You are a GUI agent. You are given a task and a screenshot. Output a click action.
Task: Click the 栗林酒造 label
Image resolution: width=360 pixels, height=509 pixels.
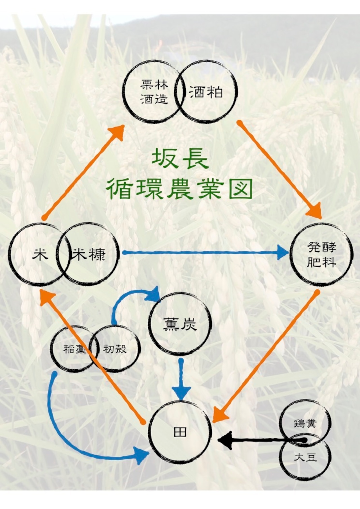154,92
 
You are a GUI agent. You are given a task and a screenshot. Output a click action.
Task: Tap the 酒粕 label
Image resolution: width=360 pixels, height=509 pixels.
206,92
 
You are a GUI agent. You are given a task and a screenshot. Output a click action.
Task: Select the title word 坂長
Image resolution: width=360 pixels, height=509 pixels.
180,159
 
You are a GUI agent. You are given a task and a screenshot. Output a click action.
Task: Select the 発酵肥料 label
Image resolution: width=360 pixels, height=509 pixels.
321,255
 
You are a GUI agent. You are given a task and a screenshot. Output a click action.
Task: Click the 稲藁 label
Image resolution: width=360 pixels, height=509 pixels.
74,349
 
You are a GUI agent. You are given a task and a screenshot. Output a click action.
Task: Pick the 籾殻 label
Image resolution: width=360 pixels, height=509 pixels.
115,349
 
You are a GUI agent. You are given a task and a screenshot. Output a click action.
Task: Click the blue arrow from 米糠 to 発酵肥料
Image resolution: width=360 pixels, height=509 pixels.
202,253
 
